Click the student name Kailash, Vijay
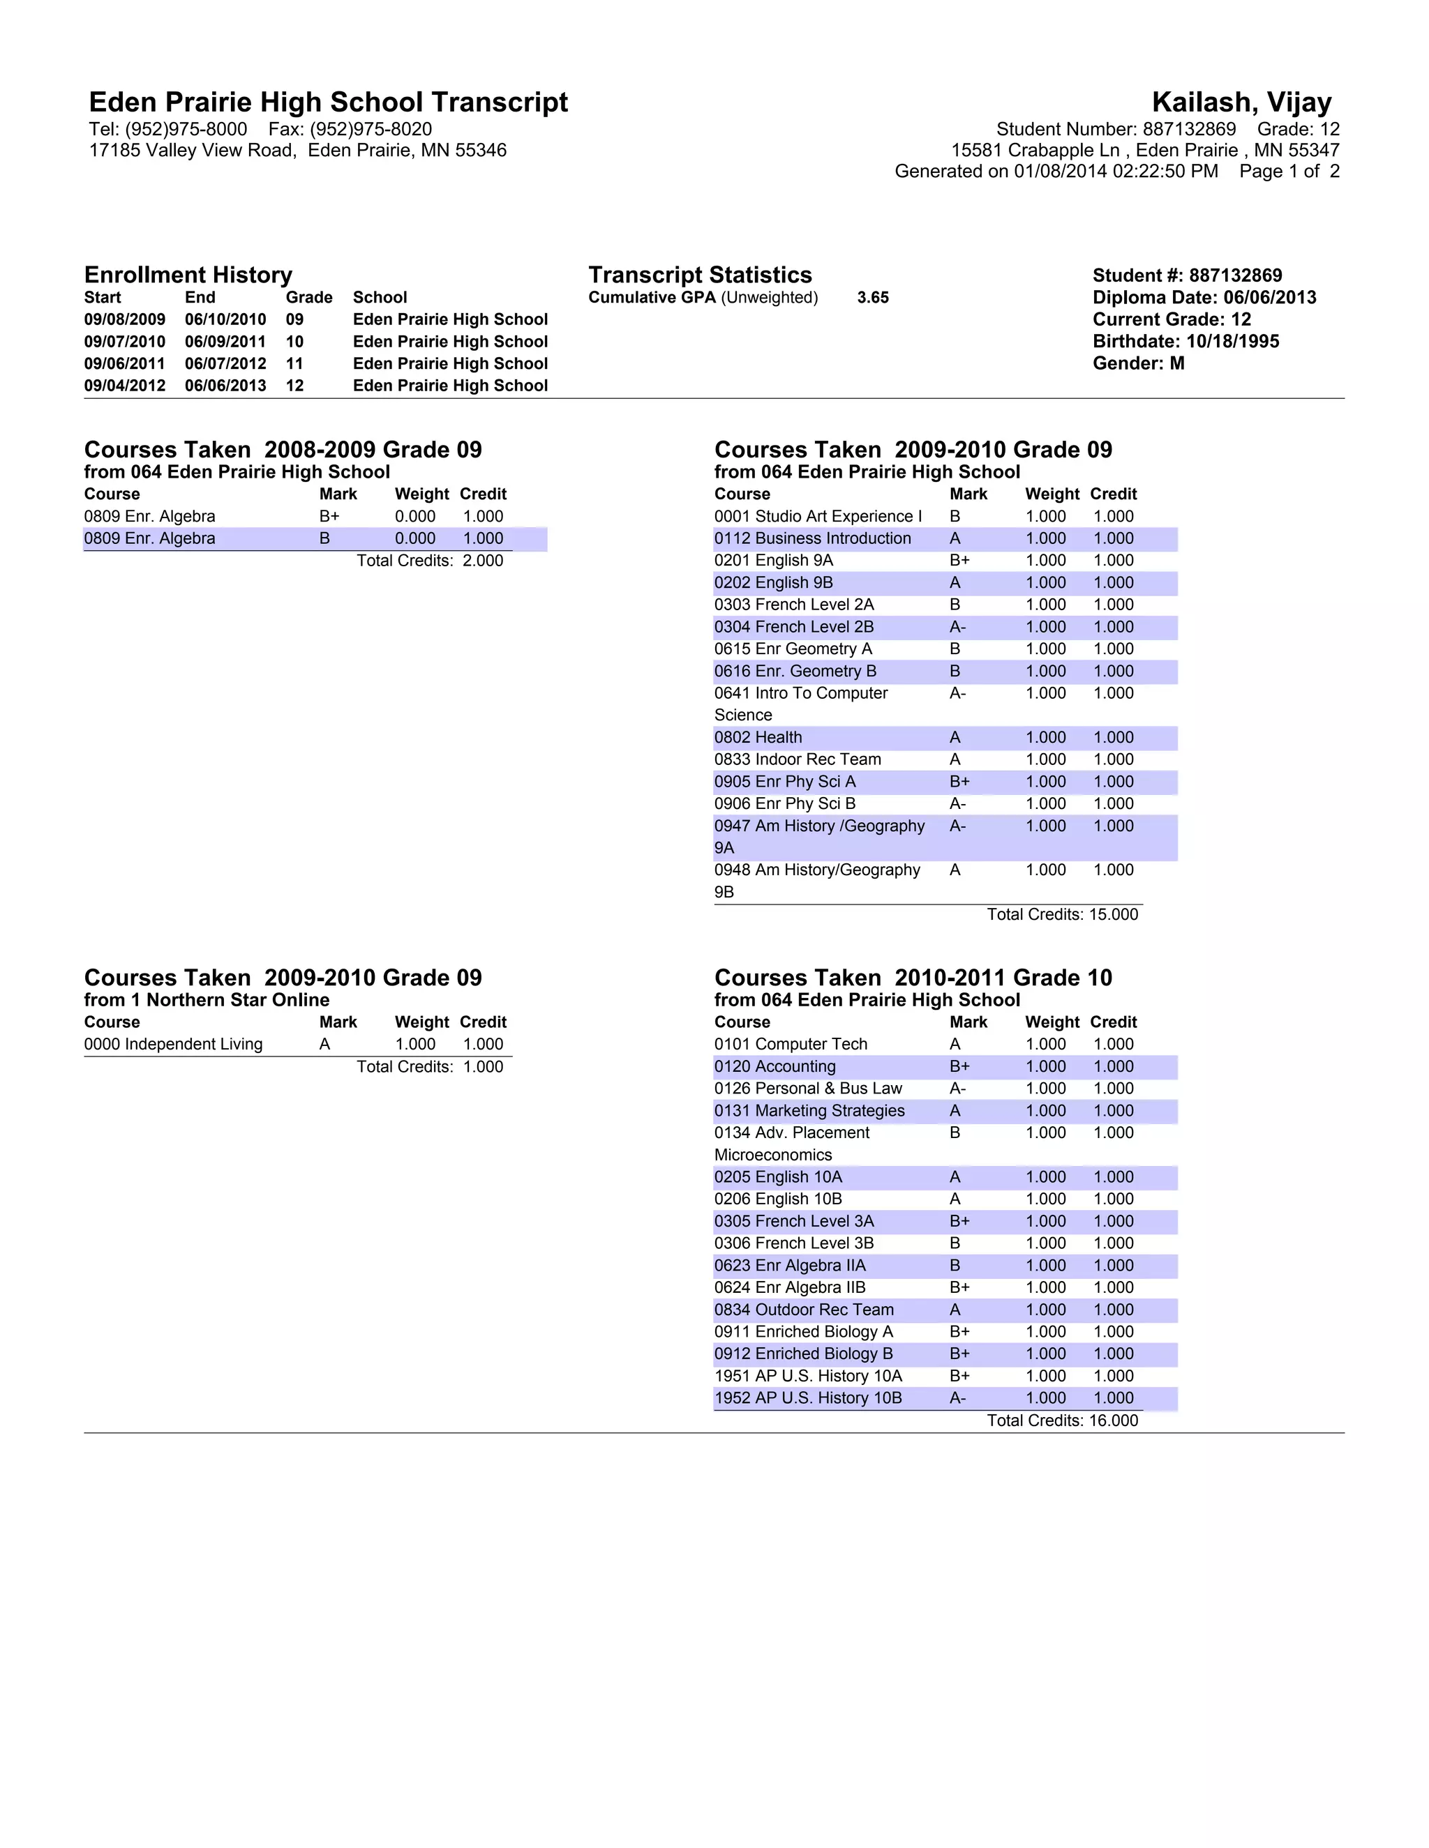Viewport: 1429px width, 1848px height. point(1241,103)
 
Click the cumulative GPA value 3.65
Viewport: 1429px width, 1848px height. point(873,298)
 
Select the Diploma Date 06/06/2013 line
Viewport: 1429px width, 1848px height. point(1204,298)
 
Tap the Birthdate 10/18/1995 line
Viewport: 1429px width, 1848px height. point(1185,342)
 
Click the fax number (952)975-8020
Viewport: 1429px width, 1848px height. point(371,130)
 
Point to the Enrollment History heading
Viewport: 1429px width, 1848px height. point(188,275)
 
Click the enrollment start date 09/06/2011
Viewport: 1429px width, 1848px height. point(124,364)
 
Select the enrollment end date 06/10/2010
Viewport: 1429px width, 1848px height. point(225,320)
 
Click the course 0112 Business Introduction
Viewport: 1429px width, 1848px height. point(813,539)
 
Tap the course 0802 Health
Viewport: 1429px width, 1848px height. point(758,738)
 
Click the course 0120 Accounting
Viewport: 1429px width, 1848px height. point(775,1067)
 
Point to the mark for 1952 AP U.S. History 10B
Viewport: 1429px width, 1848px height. point(957,1399)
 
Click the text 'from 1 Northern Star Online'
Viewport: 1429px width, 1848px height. point(207,1000)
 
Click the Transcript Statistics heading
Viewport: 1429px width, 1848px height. point(700,275)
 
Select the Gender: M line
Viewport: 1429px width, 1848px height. point(1138,364)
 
